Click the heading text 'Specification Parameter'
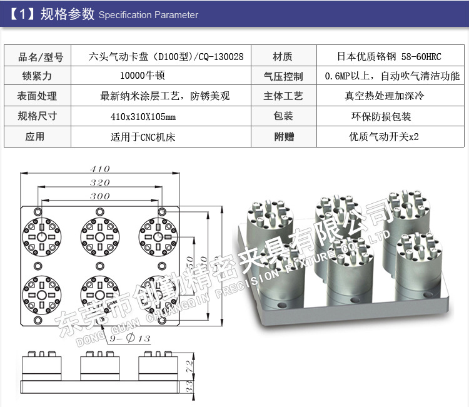(148, 15)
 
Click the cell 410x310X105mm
(143, 116)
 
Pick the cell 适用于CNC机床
(143, 136)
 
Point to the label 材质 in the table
(283, 56)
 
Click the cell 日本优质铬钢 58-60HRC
(389, 56)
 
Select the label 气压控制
(283, 76)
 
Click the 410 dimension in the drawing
(100, 169)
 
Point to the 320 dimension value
(99, 183)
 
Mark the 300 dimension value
(99, 196)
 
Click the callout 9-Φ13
(130, 338)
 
